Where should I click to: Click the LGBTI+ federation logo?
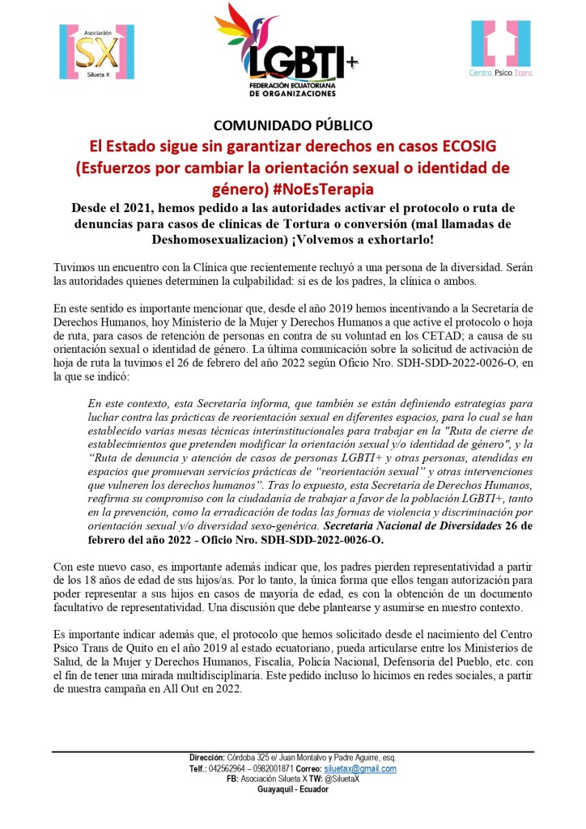click(287, 50)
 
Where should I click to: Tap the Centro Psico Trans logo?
click(501, 49)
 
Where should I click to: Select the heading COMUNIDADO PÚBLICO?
click(293, 125)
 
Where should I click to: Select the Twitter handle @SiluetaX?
click(340, 779)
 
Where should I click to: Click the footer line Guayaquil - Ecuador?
click(293, 789)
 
